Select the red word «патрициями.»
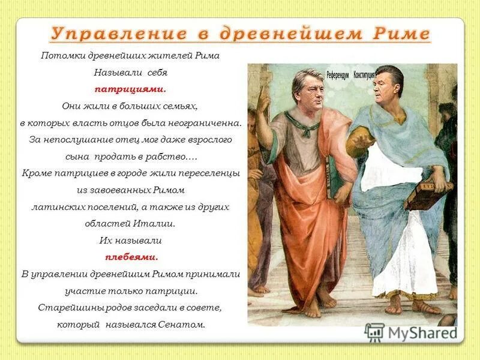point(130,89)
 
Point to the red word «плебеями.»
point(131,257)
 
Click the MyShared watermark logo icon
point(374,332)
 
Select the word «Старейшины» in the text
point(64,308)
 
